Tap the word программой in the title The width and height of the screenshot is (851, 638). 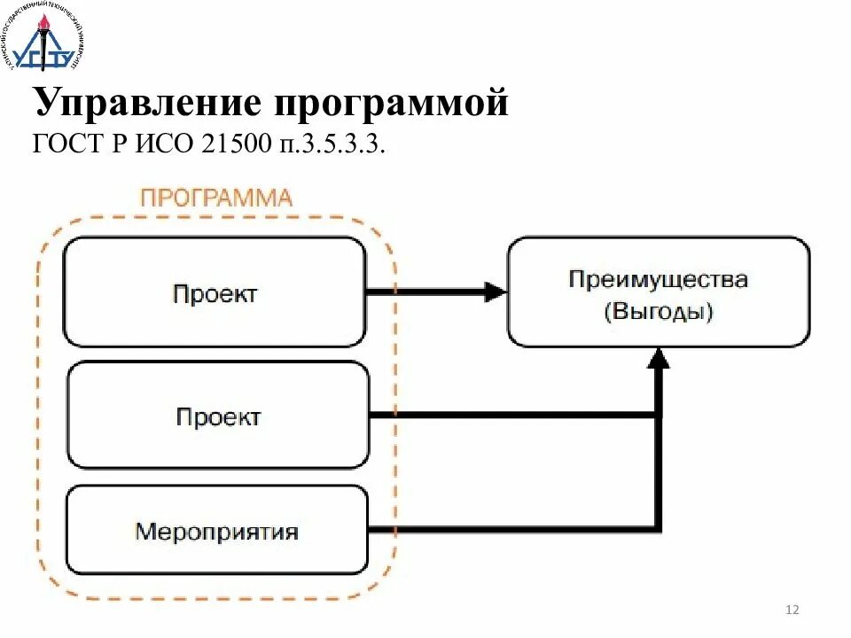(391, 103)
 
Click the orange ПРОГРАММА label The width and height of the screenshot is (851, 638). (215, 197)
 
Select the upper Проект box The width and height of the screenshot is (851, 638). (215, 292)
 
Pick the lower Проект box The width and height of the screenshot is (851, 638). (218, 416)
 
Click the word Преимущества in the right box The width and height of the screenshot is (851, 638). (658, 280)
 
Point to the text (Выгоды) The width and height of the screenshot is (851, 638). (658, 312)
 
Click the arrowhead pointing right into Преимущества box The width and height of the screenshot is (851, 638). (494, 292)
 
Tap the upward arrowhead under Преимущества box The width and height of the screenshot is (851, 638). (658, 357)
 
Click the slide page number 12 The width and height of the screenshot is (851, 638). (792, 610)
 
